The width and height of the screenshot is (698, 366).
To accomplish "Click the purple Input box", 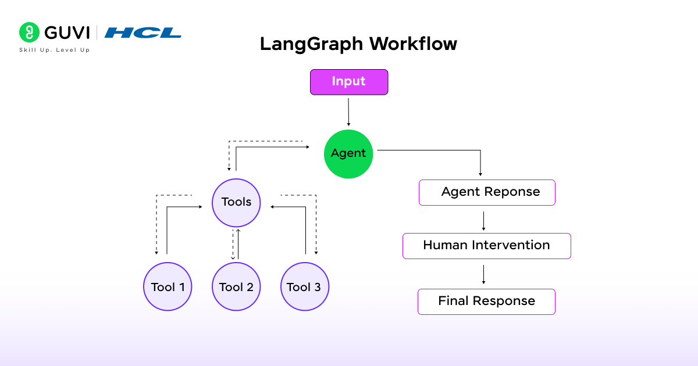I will tap(348, 82).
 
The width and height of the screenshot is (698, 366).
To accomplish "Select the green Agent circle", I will tap(348, 153).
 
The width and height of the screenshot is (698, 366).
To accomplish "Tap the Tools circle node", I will tap(236, 202).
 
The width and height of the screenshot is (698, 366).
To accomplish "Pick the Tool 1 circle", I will tap(168, 286).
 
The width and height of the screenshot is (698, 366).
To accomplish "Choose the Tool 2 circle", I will tap(236, 286).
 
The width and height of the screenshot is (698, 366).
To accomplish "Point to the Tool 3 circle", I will tap(304, 286).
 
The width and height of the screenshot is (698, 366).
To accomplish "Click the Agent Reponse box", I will tap(487, 192).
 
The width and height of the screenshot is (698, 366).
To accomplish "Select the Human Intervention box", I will tap(486, 246).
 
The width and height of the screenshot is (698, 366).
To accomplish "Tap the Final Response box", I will tap(486, 302).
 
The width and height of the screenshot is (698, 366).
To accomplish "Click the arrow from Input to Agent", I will tap(348, 112).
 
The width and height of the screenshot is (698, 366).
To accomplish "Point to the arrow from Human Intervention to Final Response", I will tap(483, 274).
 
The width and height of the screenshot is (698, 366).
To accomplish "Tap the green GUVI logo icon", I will tap(29, 33).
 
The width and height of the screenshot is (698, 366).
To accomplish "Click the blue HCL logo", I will tap(143, 33).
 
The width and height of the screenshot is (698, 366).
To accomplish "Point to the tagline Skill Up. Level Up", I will tap(54, 51).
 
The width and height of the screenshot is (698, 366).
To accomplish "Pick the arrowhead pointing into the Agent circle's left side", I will tap(308, 148).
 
